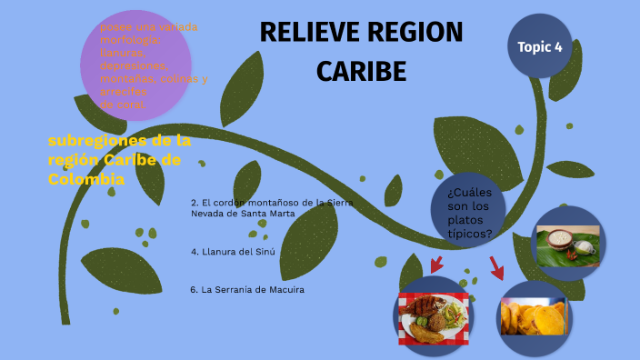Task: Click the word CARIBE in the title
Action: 361,71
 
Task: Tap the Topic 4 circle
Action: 539,46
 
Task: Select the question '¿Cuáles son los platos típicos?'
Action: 470,213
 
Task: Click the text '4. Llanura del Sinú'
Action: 233,251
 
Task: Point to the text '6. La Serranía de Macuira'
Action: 247,289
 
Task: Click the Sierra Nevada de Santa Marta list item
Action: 271,207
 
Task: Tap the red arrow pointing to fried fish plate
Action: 436,264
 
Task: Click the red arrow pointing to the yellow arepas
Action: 496,267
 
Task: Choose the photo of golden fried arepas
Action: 535,316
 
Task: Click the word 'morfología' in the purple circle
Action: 130,40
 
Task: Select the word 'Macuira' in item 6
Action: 284,289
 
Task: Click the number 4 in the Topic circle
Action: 557,46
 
